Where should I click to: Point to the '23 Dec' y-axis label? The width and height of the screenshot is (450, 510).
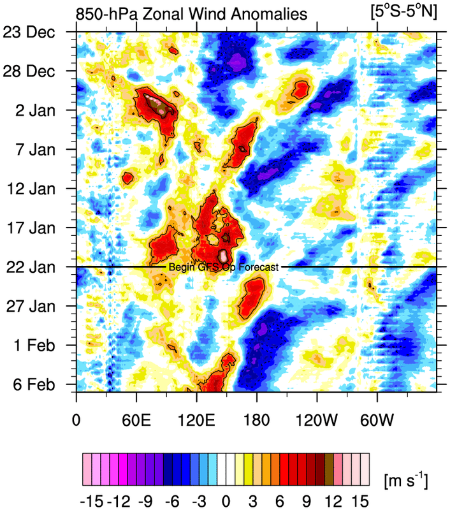click(35, 32)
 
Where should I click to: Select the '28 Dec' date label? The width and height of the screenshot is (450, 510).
click(35, 71)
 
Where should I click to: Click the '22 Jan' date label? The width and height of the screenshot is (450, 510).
click(37, 267)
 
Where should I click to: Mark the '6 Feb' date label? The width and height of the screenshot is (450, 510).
click(40, 385)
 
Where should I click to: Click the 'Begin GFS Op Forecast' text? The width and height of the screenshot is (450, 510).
click(223, 268)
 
